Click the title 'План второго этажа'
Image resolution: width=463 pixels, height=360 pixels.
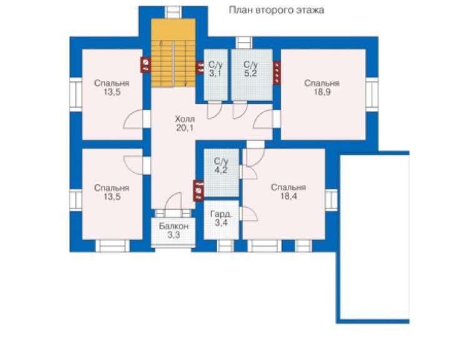pyautogui.click(x=277, y=11)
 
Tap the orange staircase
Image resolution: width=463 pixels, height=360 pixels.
pyautogui.click(x=173, y=53)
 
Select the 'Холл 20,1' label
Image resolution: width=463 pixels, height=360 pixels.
pyautogui.click(x=185, y=123)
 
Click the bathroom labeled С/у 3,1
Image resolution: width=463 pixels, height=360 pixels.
pyautogui.click(x=216, y=75)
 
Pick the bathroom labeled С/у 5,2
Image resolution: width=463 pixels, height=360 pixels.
pyautogui.click(x=252, y=75)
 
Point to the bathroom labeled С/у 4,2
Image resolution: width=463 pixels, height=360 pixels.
pyautogui.click(x=221, y=172)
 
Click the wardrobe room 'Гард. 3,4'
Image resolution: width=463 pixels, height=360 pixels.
pyautogui.click(x=221, y=220)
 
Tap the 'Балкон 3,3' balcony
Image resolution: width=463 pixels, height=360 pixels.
pyautogui.click(x=173, y=232)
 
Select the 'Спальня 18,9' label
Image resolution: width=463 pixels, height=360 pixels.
pyautogui.click(x=322, y=88)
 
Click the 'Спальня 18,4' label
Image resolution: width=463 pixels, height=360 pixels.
pyautogui.click(x=288, y=192)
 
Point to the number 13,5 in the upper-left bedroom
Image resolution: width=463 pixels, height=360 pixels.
pyautogui.click(x=112, y=92)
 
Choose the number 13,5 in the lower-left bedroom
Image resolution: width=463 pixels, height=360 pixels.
pyautogui.click(x=112, y=197)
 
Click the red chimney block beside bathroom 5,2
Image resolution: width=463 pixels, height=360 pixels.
pyautogui.click(x=277, y=73)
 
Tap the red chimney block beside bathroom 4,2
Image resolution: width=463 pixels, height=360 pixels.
pyautogui.click(x=198, y=190)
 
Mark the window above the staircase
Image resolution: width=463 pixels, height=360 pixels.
pyautogui.click(x=173, y=12)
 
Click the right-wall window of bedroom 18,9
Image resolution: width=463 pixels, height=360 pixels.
pyautogui.click(x=372, y=95)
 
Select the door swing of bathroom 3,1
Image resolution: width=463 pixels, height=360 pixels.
pyautogui.click(x=215, y=110)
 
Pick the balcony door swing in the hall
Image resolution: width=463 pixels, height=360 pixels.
pyautogui.click(x=173, y=201)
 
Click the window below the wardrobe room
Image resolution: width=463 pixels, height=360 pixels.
pyautogui.click(x=225, y=246)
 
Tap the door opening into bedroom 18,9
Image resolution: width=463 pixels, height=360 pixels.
pyautogui.click(x=263, y=119)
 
